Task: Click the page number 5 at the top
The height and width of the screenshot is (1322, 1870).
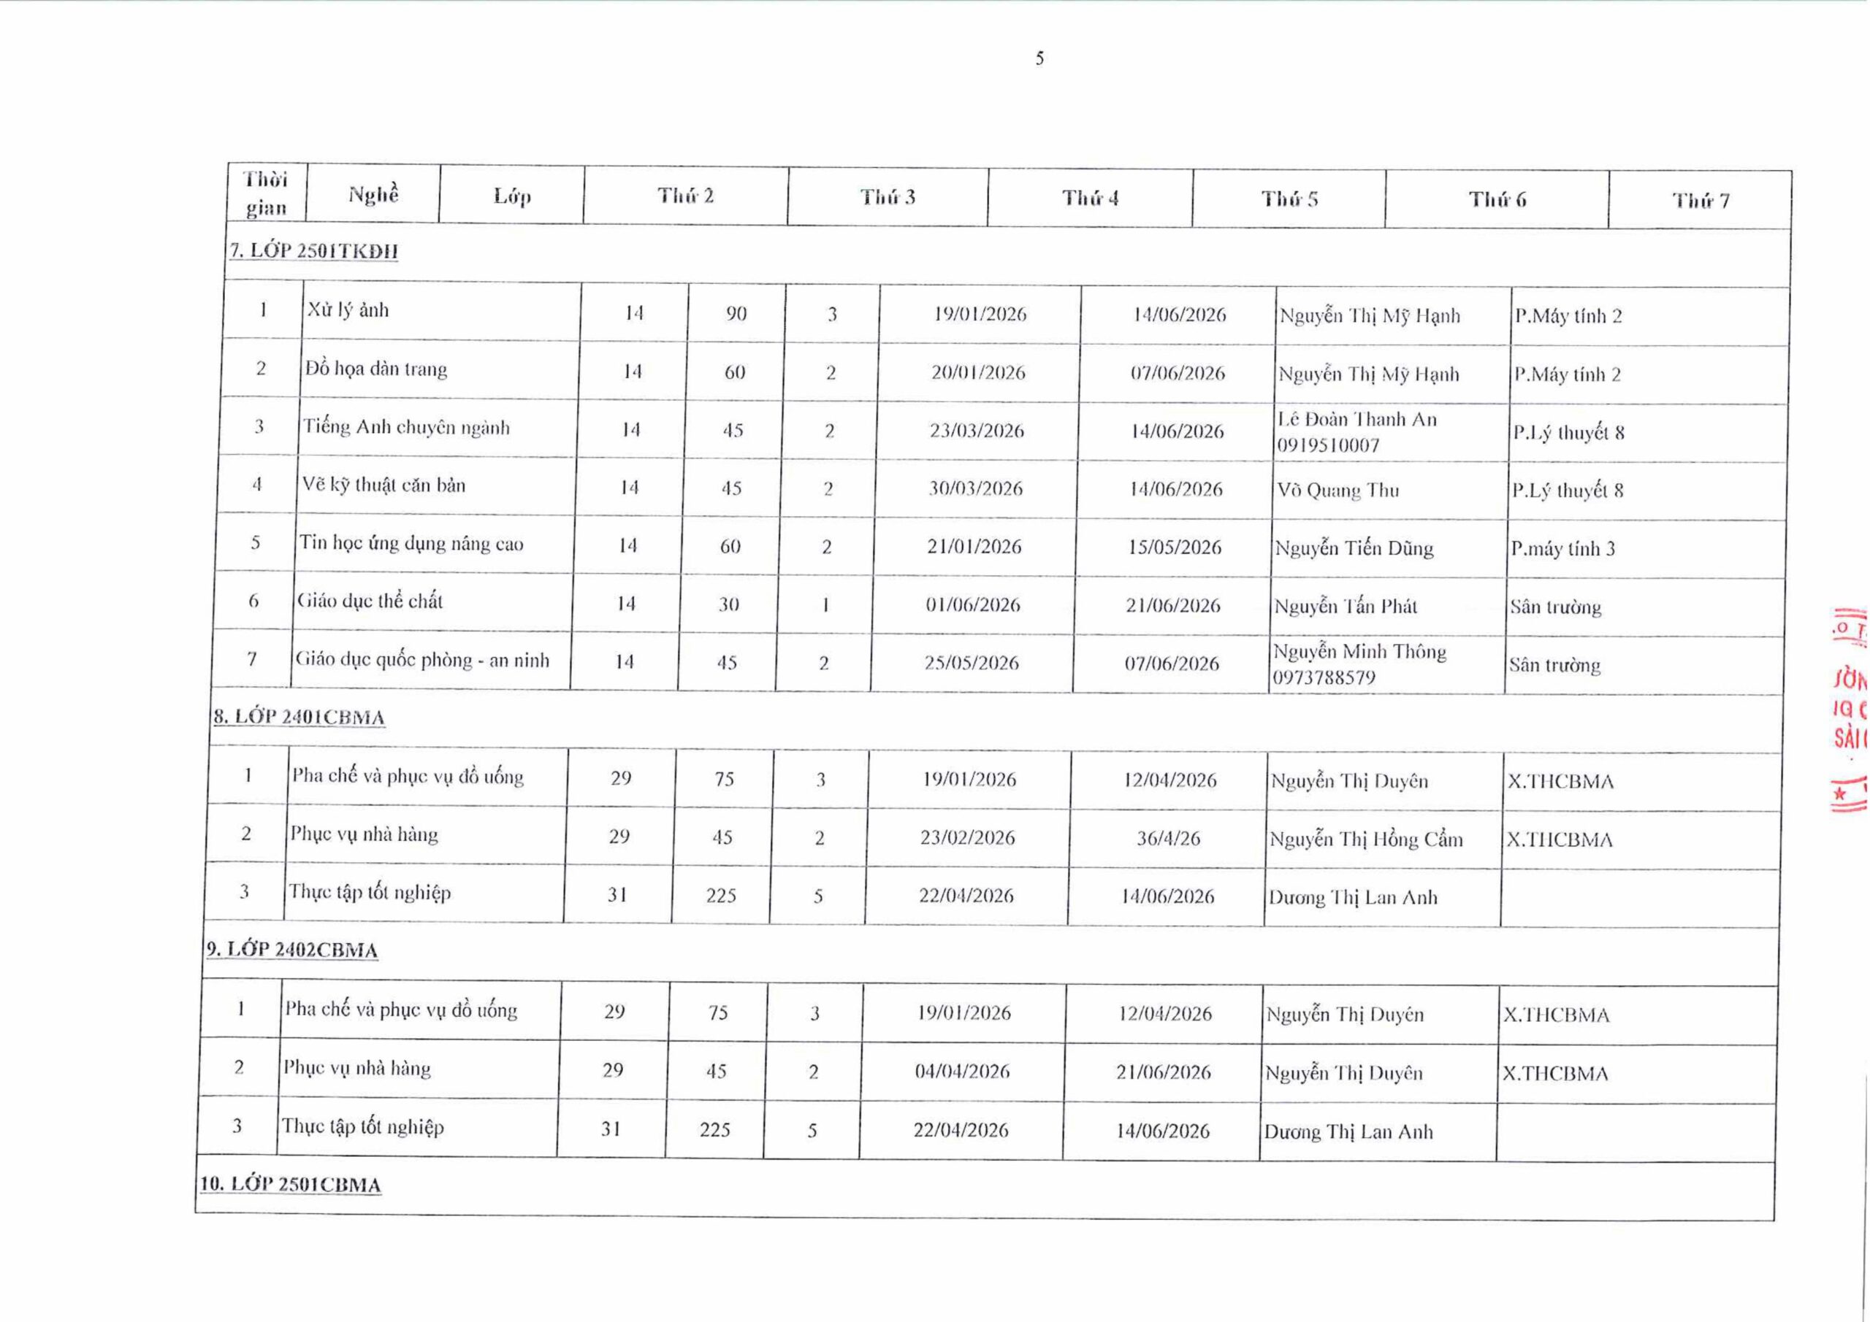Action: pyautogui.click(x=1039, y=58)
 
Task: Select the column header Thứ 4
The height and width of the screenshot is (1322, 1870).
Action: pyautogui.click(x=1090, y=198)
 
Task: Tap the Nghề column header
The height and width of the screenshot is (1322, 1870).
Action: pyautogui.click(x=374, y=195)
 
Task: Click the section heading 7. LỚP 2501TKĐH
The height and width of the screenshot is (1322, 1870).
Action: pyautogui.click(x=313, y=250)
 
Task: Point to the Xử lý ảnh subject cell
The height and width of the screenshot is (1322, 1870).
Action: pyautogui.click(x=348, y=310)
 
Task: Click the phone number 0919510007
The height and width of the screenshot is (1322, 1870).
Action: pyautogui.click(x=1329, y=445)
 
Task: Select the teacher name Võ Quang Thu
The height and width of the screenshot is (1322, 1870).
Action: pyautogui.click(x=1338, y=490)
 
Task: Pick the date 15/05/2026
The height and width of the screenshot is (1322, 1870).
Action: pyautogui.click(x=1175, y=547)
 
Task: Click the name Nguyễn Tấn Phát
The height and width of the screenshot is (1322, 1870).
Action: pyautogui.click(x=1346, y=607)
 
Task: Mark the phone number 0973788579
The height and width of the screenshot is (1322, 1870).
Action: pyautogui.click(x=1324, y=677)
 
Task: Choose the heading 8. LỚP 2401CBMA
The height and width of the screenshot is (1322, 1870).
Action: pyautogui.click(x=299, y=717)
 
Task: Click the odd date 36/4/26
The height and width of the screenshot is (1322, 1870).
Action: pyautogui.click(x=1169, y=837)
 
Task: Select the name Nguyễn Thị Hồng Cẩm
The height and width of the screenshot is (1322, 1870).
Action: pyautogui.click(x=1366, y=839)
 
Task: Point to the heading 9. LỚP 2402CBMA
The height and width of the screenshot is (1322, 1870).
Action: pyautogui.click(x=291, y=950)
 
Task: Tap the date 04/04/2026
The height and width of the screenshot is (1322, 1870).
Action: pyautogui.click(x=962, y=1072)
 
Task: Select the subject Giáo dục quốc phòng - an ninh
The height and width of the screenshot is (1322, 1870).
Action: pyautogui.click(x=422, y=659)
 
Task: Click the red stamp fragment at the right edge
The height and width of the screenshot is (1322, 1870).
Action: pyautogui.click(x=1849, y=708)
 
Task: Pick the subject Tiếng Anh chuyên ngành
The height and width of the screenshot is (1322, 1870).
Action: pyautogui.click(x=406, y=427)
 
